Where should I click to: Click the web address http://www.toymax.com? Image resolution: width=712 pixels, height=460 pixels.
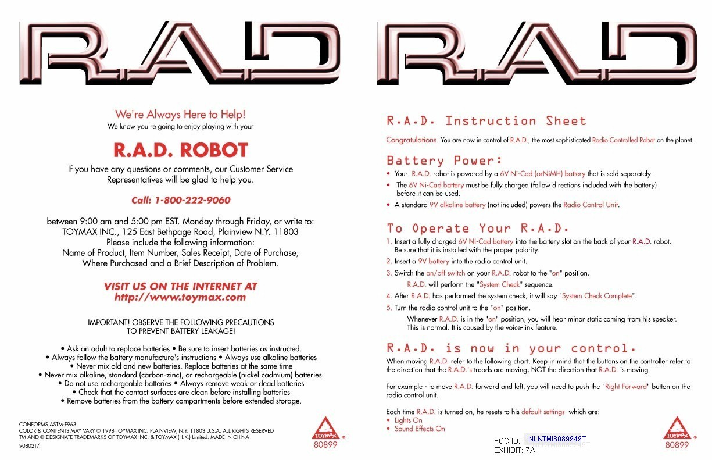[180, 298]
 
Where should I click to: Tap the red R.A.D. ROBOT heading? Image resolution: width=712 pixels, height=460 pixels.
[180, 150]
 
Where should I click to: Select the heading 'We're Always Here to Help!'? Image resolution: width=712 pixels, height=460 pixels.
[180, 115]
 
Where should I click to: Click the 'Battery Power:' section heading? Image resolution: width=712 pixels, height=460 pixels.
[445, 161]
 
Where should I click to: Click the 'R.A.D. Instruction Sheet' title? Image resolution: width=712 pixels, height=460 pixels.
[486, 121]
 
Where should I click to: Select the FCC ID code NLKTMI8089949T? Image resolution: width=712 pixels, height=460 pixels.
[556, 439]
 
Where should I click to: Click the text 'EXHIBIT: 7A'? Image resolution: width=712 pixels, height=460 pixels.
[514, 450]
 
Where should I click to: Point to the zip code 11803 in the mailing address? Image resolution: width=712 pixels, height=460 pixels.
[286, 231]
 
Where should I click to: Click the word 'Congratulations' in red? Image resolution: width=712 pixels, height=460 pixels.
[412, 140]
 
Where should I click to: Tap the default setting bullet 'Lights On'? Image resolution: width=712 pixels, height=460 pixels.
[408, 420]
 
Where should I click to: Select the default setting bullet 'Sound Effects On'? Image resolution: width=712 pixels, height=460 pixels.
[419, 429]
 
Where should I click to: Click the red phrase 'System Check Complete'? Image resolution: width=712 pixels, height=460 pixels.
[597, 296]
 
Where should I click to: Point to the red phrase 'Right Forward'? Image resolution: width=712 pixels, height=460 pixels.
[628, 387]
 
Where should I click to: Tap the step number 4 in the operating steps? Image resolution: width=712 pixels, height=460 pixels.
[389, 296]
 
